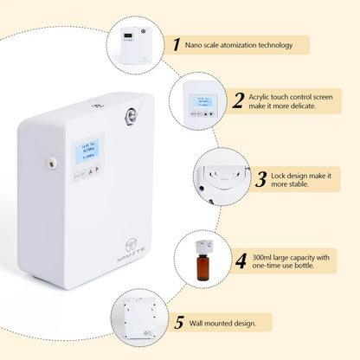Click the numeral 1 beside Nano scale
pyautogui.click(x=177, y=45)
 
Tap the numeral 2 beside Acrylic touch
pyautogui.click(x=238, y=100)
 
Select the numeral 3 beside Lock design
pyautogui.click(x=260, y=179)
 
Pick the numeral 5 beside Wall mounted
pyautogui.click(x=178, y=322)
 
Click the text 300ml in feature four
pyautogui.click(x=264, y=254)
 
